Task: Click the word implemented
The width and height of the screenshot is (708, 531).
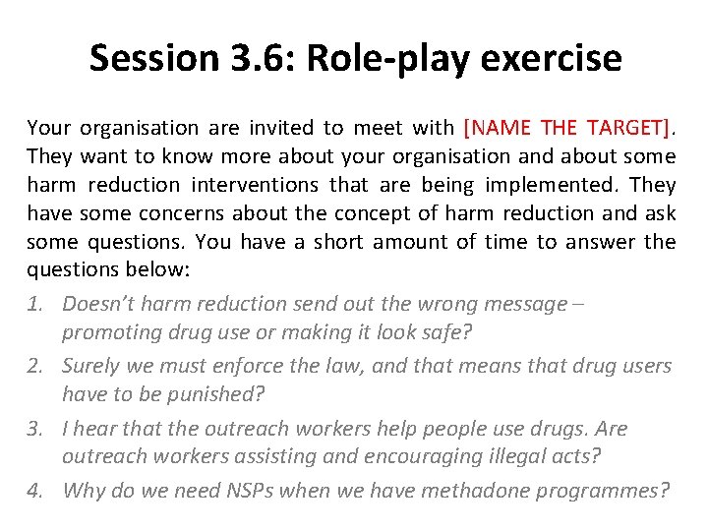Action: pyautogui.click(x=540, y=185)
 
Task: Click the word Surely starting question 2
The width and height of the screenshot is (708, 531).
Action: pyautogui.click(x=90, y=366)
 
